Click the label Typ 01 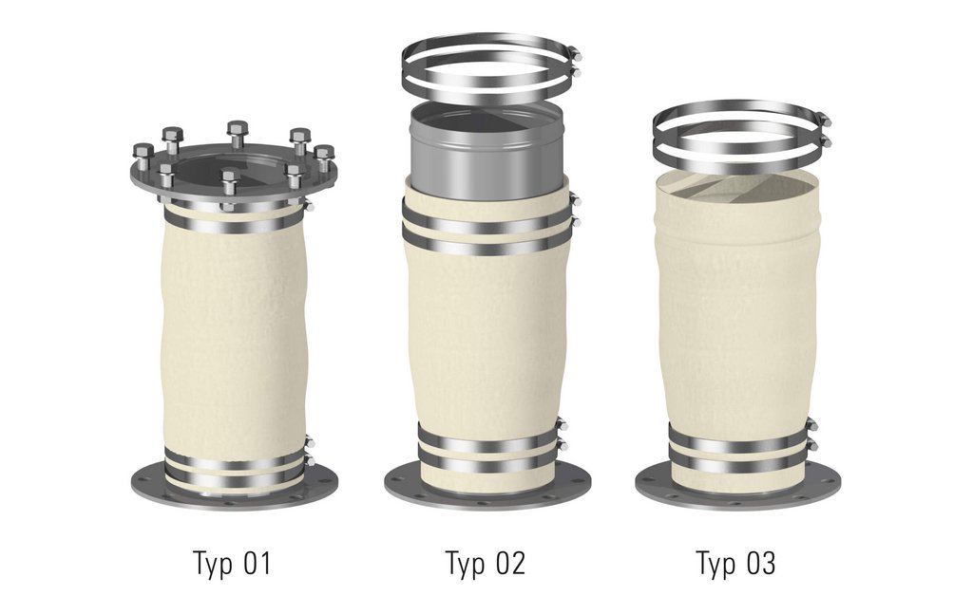point(233,564)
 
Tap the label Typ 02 point(486,564)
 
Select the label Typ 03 point(736,564)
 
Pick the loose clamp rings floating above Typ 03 point(741,138)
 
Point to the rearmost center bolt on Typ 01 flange point(237,135)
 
